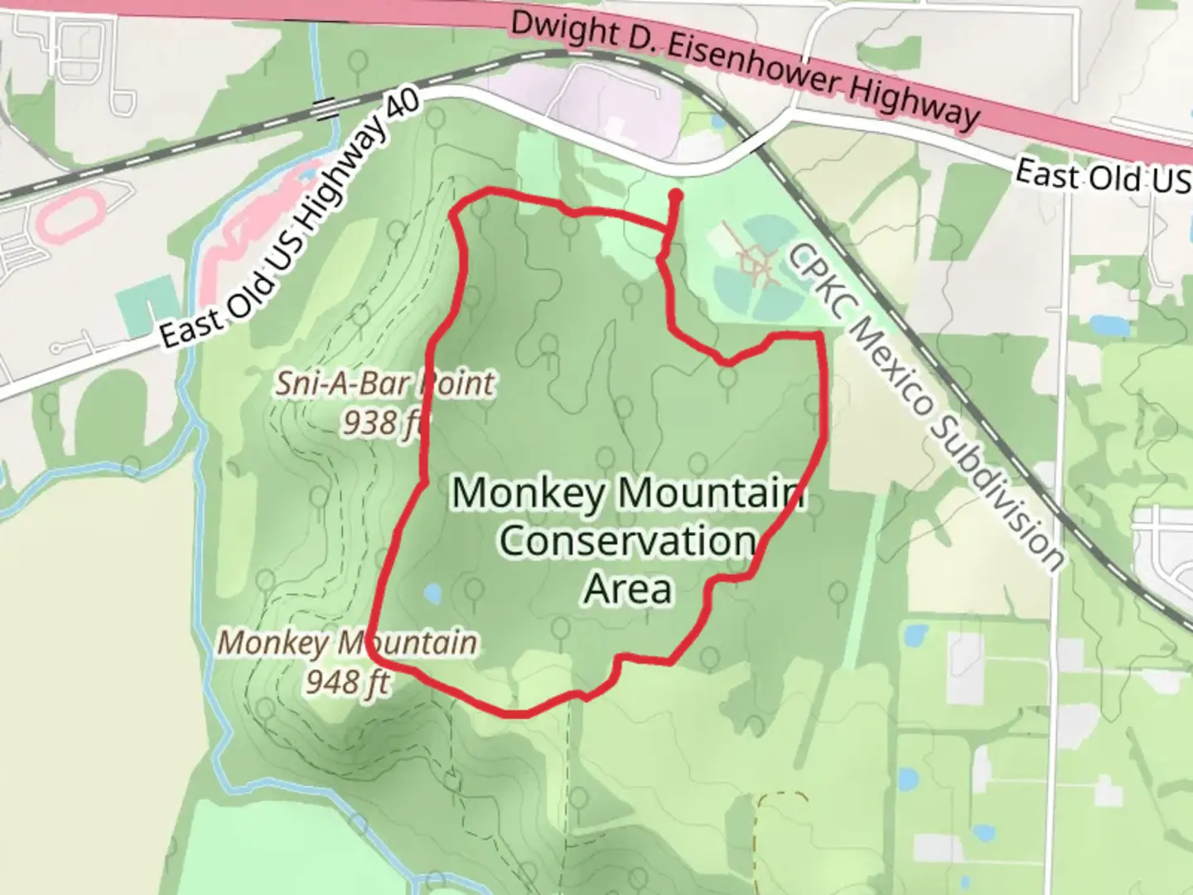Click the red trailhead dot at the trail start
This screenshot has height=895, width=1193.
pos(676,196)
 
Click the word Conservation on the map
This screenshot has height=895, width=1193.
pos(627,541)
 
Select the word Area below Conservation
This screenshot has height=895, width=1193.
pos(627,589)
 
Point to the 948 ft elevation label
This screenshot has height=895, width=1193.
pos(347,682)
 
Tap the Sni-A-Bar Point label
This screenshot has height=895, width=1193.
pos(385,384)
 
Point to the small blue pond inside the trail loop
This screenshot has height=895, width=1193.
pos(432,593)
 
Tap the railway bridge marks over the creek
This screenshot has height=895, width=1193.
pos(325,107)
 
